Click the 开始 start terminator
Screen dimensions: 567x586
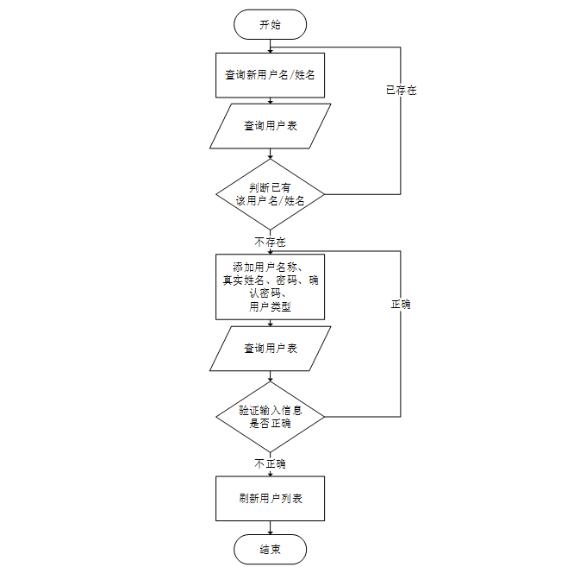[x=270, y=24]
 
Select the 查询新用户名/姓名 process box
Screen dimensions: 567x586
[x=270, y=75]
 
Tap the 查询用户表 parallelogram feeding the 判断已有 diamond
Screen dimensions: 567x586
[x=270, y=126]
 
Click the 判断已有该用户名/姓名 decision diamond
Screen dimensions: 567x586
[x=270, y=194]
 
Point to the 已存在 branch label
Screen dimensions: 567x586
[x=401, y=90]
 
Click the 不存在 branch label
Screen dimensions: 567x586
[x=270, y=241]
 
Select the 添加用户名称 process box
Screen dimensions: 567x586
[x=270, y=287]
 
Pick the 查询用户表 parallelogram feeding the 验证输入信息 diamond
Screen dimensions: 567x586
[x=270, y=349]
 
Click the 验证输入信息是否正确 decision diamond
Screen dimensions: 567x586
[x=270, y=417]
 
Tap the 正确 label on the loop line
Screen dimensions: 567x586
[x=401, y=305]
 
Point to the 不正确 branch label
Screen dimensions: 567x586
[x=270, y=463]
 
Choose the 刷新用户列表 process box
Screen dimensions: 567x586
[x=270, y=499]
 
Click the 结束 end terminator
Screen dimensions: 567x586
[x=270, y=549]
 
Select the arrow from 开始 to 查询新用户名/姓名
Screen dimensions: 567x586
[x=270, y=46]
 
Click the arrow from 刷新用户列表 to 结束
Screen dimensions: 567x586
[x=270, y=527]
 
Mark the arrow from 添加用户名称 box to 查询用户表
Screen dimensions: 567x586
[x=270, y=323]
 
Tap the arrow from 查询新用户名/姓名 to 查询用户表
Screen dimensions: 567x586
[x=270, y=100]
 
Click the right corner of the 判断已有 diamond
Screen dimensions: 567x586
[x=323, y=194]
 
